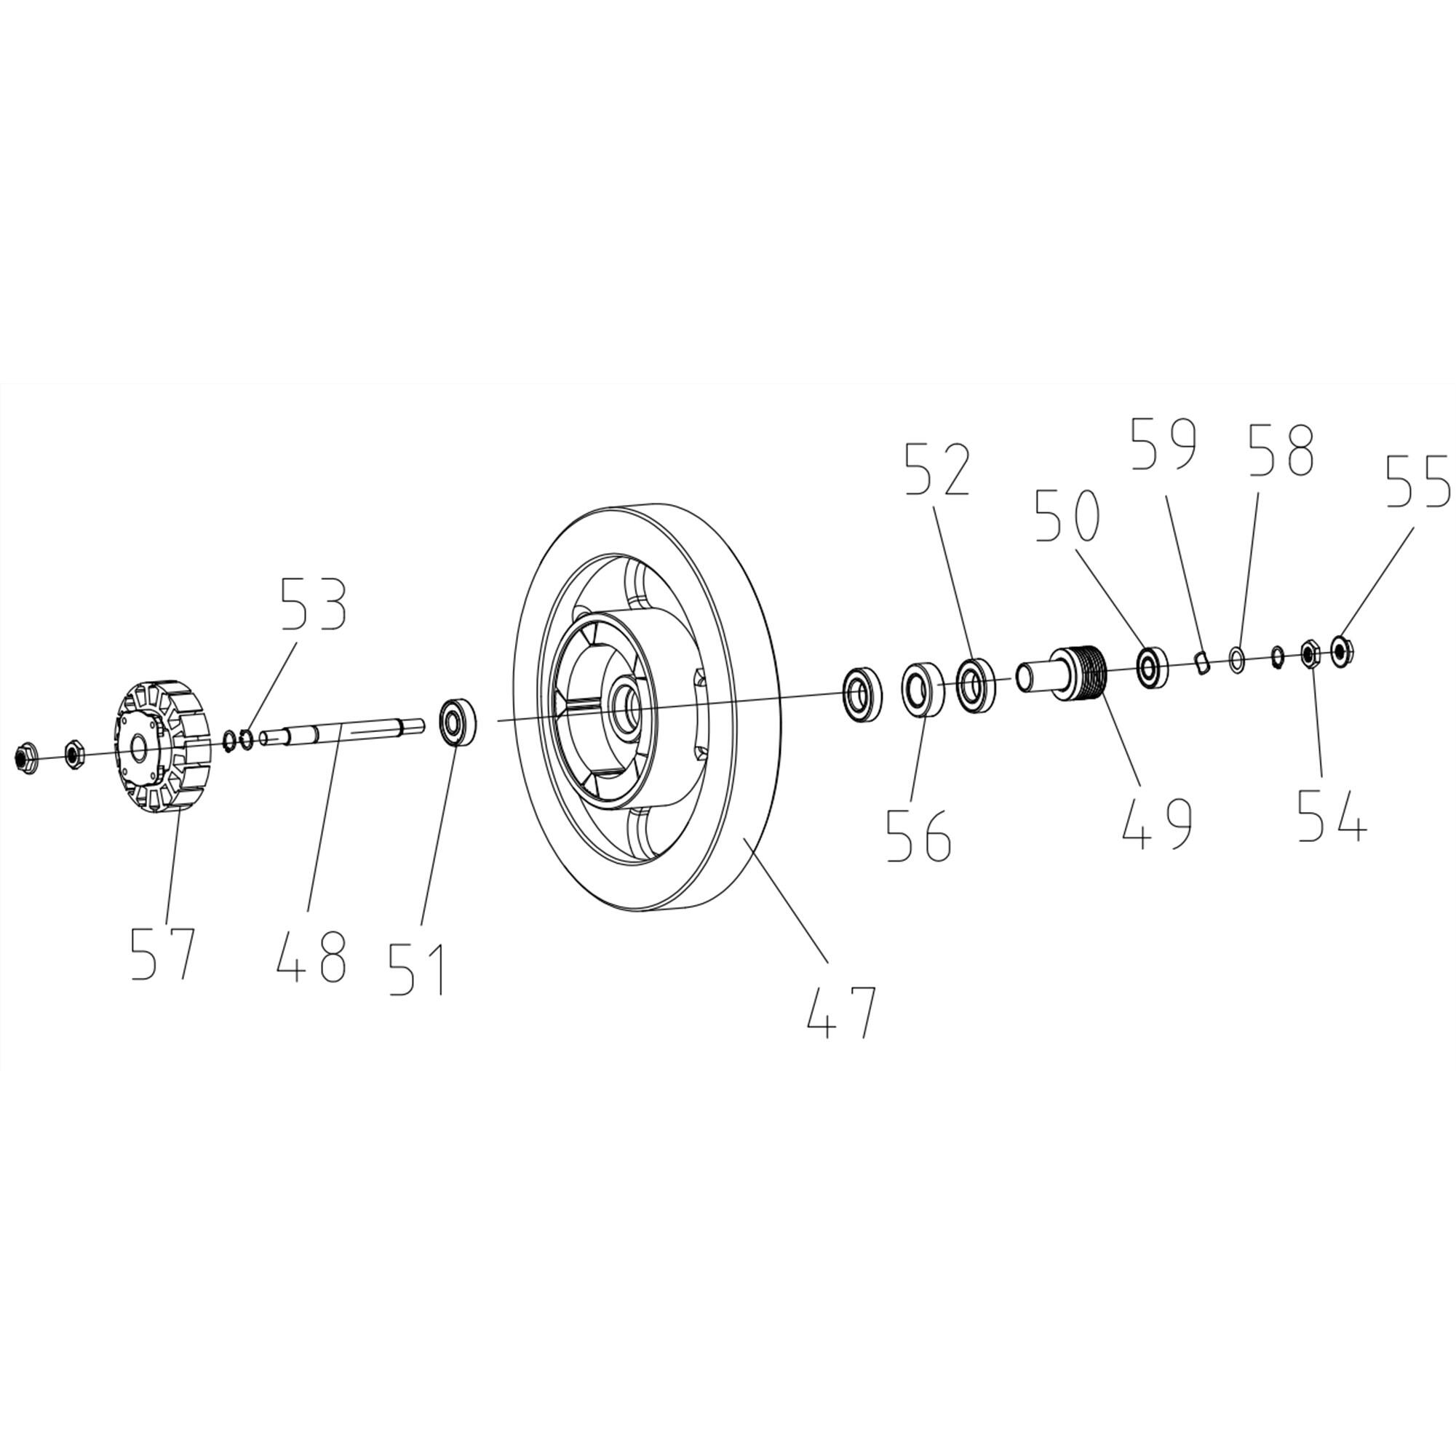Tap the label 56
(918, 835)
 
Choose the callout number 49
(1158, 822)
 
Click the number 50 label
(1068, 514)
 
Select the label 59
(1164, 444)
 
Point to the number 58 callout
(1281, 450)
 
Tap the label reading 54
(1332, 814)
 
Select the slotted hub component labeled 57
(162, 746)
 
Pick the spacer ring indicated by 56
(924, 689)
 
